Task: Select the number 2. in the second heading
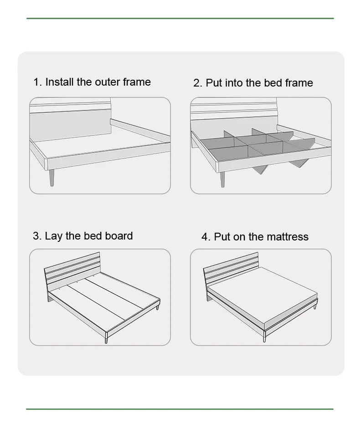(x=198, y=83)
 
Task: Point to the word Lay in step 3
(x=53, y=236)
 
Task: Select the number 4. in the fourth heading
(x=206, y=237)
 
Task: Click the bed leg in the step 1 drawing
(x=52, y=178)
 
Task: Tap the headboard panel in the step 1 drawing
(x=70, y=125)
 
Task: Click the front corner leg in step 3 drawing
(x=107, y=337)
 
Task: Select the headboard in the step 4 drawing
(x=231, y=269)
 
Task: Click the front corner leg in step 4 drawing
(x=264, y=336)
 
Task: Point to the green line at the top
(x=180, y=19)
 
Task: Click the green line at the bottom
(x=180, y=409)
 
